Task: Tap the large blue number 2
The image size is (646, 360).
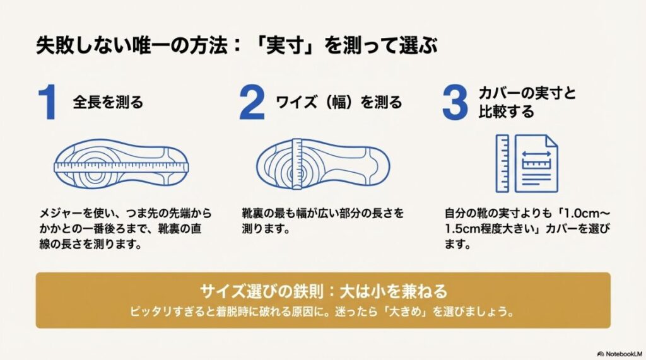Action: [252, 103]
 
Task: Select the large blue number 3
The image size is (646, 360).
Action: [455, 103]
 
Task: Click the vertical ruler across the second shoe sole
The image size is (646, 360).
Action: [299, 163]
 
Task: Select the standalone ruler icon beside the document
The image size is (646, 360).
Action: [503, 163]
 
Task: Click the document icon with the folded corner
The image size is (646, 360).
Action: [536, 163]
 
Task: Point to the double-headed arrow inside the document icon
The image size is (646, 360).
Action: [536, 154]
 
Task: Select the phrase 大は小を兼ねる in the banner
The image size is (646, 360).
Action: [393, 291]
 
